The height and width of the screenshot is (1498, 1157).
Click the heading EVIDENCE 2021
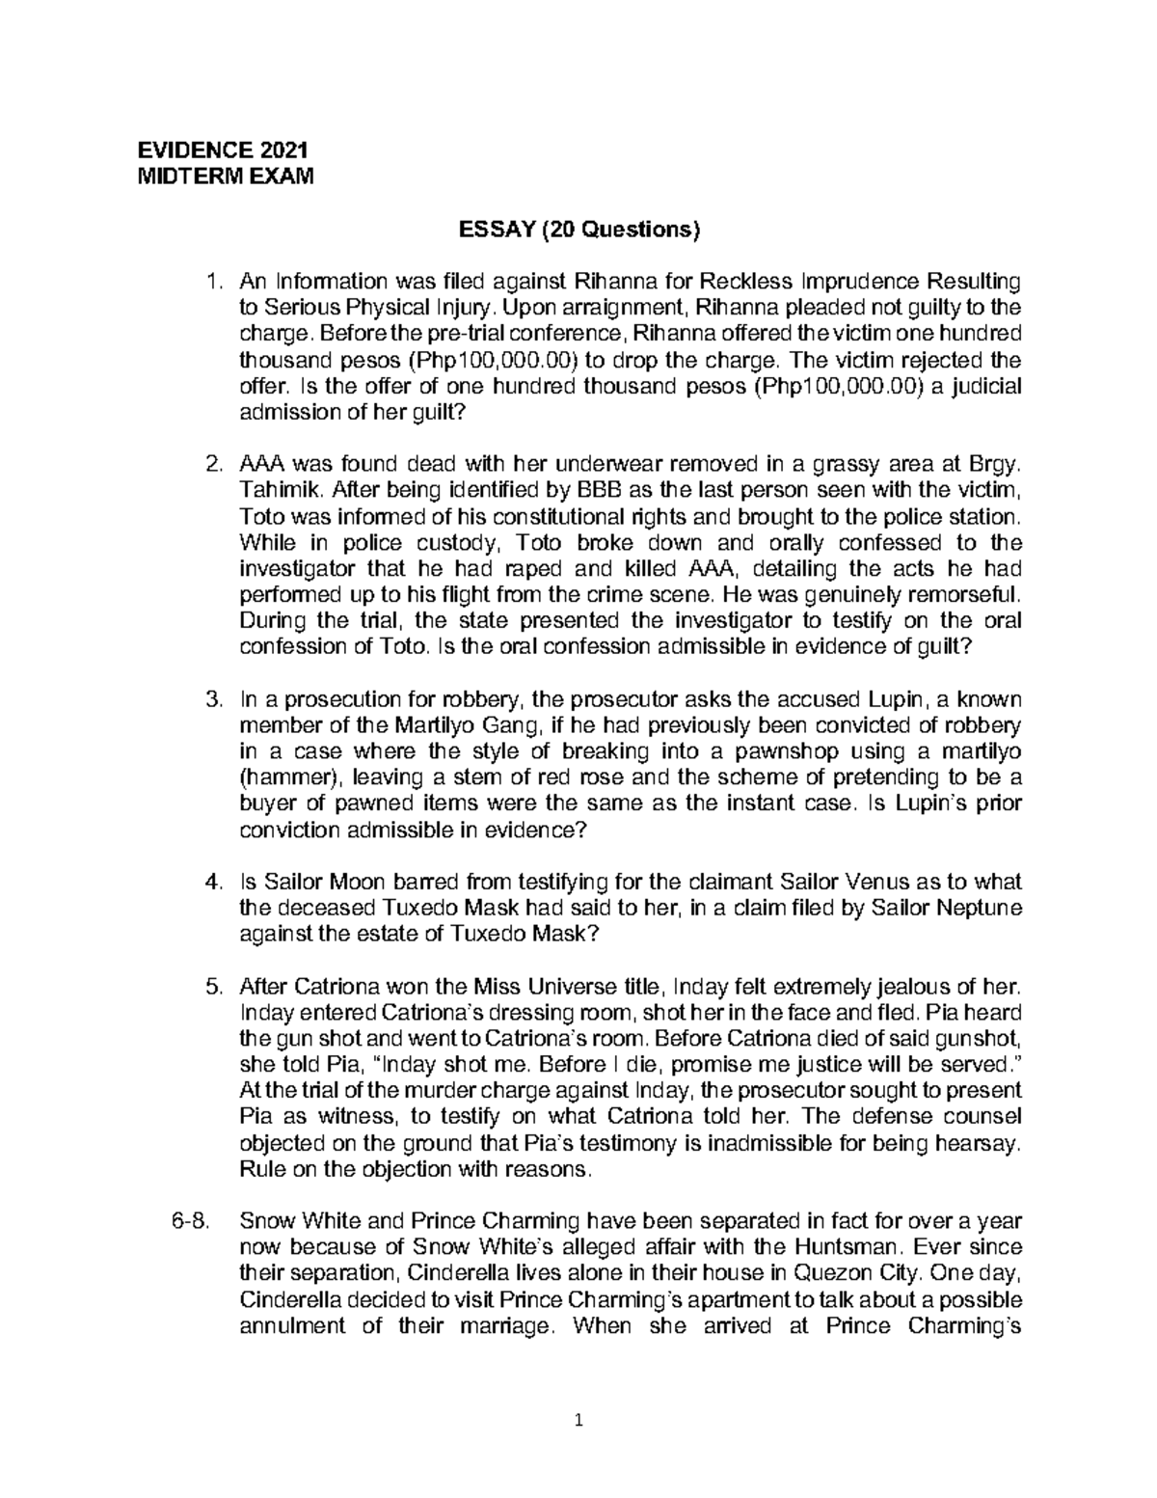[224, 150]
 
